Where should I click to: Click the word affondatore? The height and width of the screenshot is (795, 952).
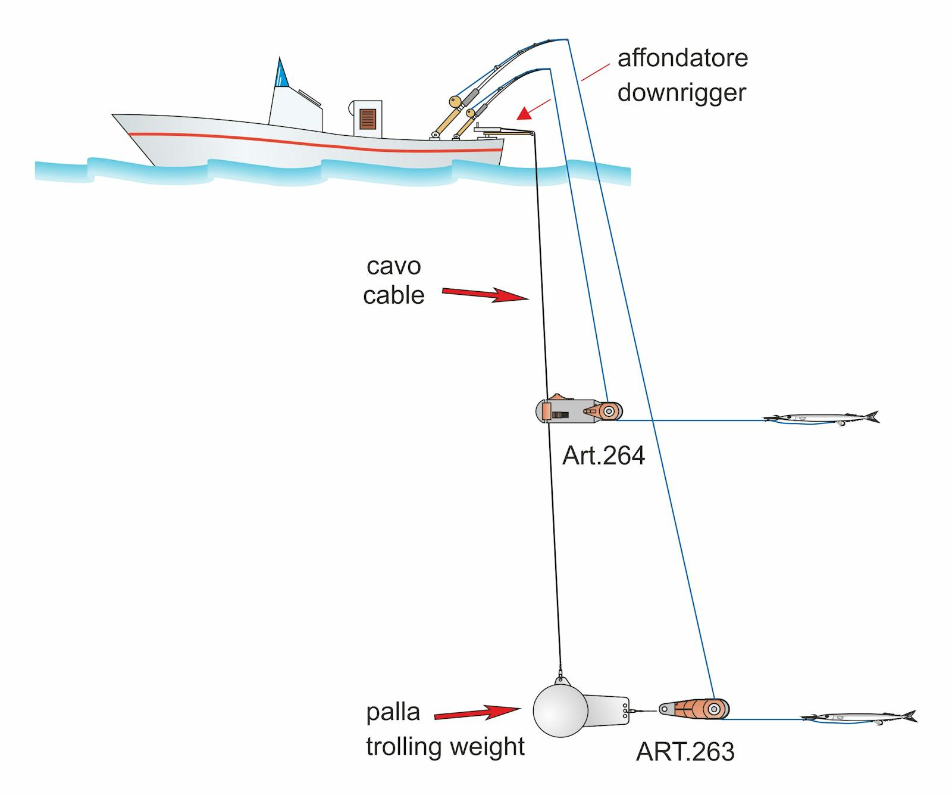tap(682, 58)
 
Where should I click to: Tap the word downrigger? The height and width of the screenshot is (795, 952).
tap(682, 93)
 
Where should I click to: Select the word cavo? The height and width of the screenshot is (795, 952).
tap(393, 266)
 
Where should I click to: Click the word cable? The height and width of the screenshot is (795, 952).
tap(393, 295)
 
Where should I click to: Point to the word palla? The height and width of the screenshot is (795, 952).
tap(393, 712)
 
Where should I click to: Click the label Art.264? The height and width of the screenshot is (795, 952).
tap(603, 456)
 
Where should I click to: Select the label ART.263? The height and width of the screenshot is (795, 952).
tap(685, 752)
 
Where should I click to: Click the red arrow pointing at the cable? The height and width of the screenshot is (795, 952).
tap(485, 294)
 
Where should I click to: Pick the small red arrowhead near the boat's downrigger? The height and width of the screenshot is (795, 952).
tap(525, 113)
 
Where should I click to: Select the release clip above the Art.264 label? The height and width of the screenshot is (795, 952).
tap(579, 411)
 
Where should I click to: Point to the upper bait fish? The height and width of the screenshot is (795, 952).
tap(821, 418)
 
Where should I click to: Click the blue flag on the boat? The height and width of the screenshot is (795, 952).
tap(281, 74)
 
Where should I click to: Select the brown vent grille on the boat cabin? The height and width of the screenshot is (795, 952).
tap(367, 119)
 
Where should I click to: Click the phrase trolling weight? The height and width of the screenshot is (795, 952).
tap(445, 747)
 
